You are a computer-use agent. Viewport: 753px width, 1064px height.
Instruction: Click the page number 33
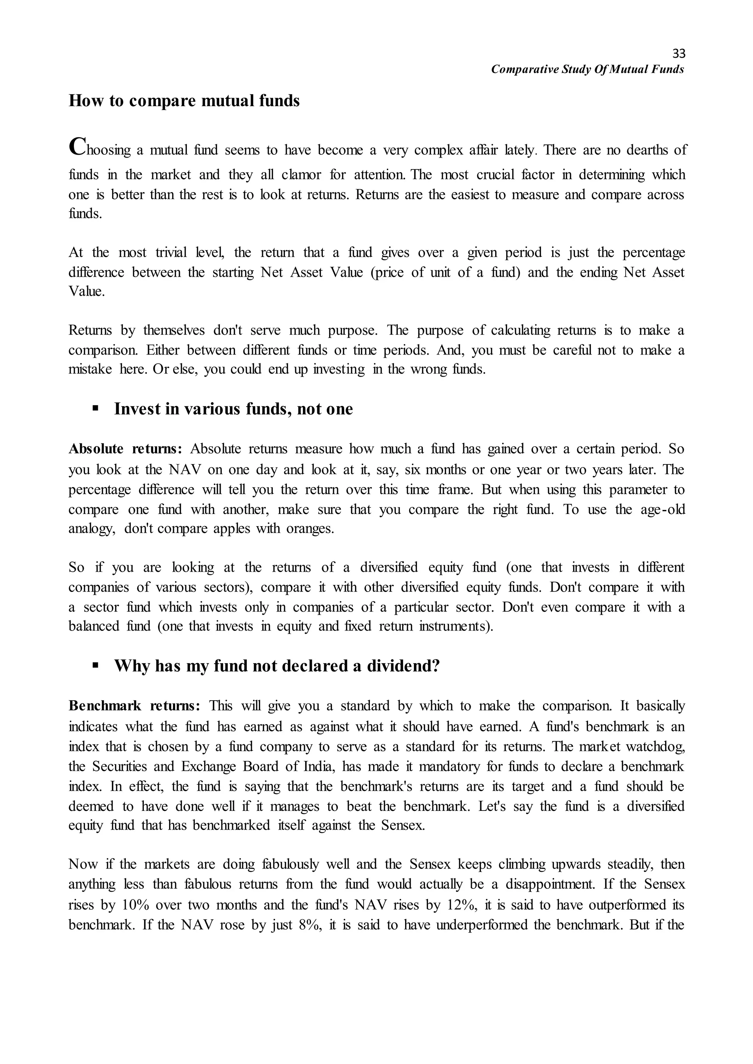tap(678, 53)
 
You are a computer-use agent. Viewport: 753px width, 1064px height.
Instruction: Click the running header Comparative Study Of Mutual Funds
tap(588, 69)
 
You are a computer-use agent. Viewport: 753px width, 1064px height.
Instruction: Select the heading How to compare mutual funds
tap(184, 101)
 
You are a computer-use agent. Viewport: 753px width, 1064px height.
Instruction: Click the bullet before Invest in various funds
tap(96, 408)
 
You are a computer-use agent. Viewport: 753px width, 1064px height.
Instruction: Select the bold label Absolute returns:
tap(125, 449)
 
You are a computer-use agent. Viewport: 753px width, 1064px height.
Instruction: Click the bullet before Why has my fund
tap(96, 665)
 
